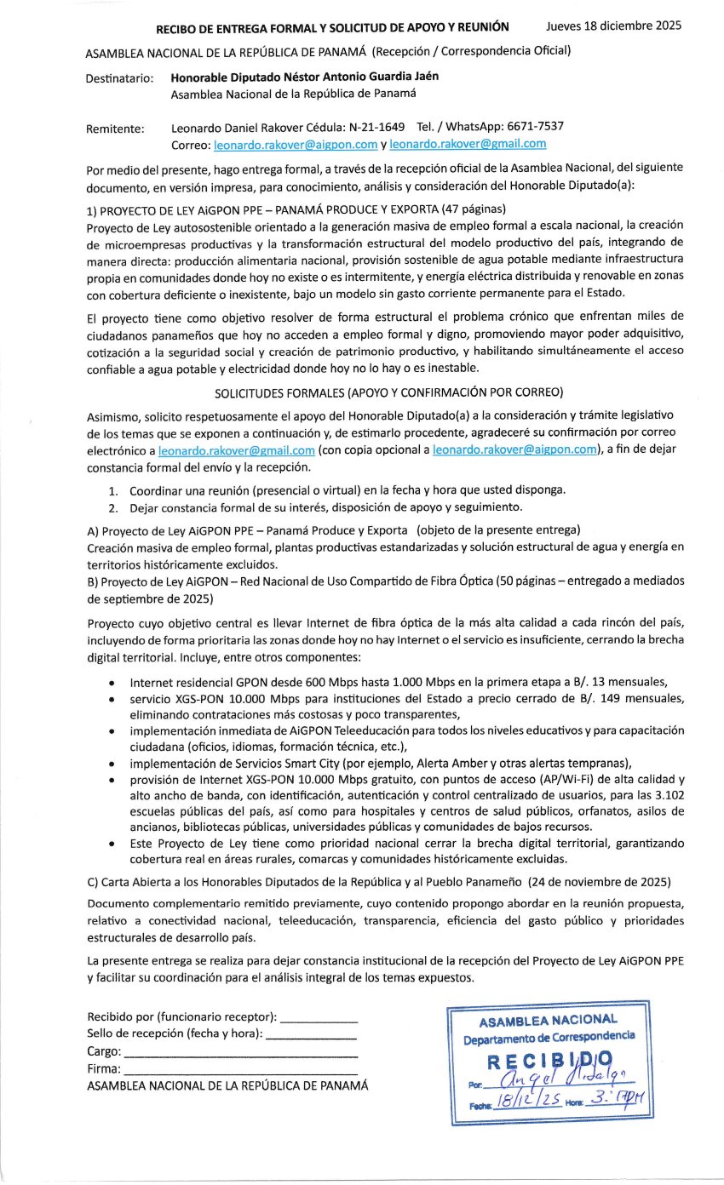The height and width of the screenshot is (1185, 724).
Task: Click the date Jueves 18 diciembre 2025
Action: pyautogui.click(x=613, y=26)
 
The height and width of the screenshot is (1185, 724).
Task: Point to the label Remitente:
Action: pyautogui.click(x=115, y=129)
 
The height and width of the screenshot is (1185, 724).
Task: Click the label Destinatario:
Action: pyautogui.click(x=120, y=78)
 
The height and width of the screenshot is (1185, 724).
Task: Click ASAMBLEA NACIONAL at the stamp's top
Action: pyautogui.click(x=549, y=1020)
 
